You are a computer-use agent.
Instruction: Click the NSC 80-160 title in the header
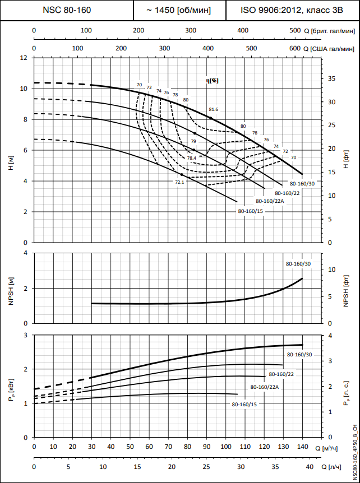coord(67,10)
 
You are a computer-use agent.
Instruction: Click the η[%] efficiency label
coord(212,81)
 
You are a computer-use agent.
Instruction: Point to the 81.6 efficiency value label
coord(213,109)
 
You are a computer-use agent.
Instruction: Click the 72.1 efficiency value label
coord(179,182)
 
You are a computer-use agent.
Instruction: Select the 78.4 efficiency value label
coord(192,159)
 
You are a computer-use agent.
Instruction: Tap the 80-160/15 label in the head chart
coord(250,211)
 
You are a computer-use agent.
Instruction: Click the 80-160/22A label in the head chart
coord(270,201)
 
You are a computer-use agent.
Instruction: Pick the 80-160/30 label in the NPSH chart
coord(298,263)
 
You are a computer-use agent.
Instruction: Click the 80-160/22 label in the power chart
coord(281,374)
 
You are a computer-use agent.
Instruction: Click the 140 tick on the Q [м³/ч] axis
coord(302,448)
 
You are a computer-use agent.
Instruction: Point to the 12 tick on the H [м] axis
coord(24,58)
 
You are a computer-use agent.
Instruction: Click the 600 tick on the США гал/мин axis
coord(294,49)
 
